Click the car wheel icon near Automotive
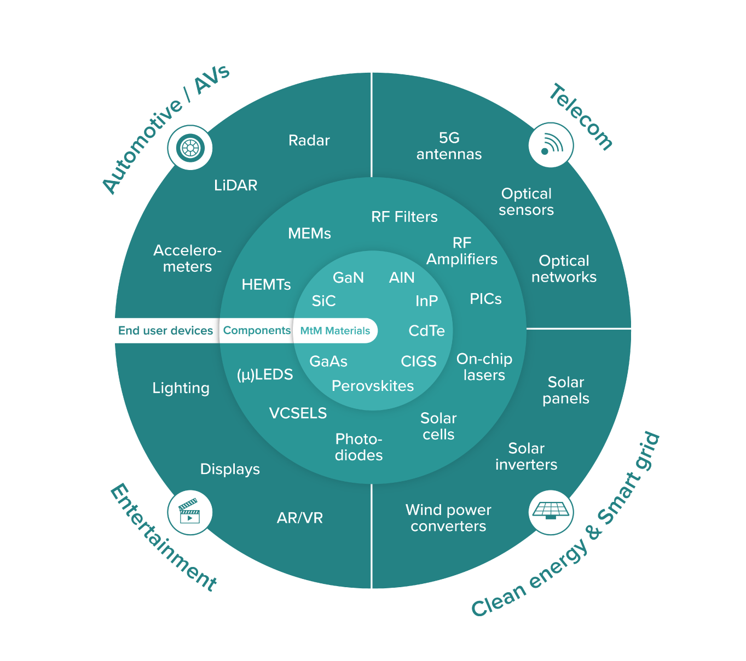click(190, 148)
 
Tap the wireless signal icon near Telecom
click(551, 145)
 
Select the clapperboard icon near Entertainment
click(189, 512)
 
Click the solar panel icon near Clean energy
click(551, 512)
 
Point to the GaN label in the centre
click(348, 278)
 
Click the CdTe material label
click(426, 331)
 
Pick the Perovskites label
click(373, 386)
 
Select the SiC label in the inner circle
click(323, 301)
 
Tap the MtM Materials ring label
click(335, 331)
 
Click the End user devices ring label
click(165, 331)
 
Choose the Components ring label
click(257, 331)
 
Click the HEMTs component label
click(266, 285)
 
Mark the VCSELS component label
click(298, 413)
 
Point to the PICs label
click(485, 299)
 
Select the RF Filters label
click(404, 217)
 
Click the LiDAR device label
click(235, 185)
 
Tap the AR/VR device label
click(299, 518)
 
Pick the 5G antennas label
click(449, 146)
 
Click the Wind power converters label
click(448, 518)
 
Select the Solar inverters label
click(526, 457)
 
